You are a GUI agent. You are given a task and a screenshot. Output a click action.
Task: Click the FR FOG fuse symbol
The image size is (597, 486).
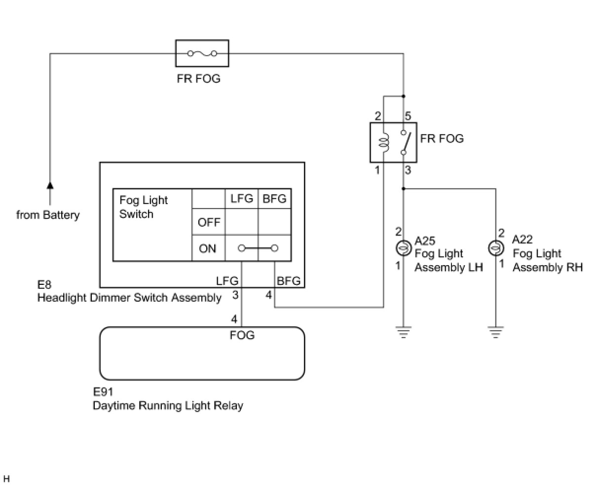pyautogui.click(x=202, y=53)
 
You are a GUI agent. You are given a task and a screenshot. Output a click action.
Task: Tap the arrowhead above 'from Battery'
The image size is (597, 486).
pyautogui.click(x=50, y=185)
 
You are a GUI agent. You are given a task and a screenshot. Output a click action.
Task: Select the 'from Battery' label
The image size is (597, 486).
pyautogui.click(x=48, y=215)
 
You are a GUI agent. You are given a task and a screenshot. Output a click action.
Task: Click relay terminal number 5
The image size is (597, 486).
pyautogui.click(x=408, y=117)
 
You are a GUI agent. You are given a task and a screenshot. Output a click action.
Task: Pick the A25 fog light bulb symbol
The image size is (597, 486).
pyautogui.click(x=404, y=248)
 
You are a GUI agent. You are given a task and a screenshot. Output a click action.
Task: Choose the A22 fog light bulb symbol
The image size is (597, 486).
pyautogui.click(x=495, y=248)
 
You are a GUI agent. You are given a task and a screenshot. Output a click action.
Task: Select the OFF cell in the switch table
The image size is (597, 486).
pyautogui.click(x=209, y=222)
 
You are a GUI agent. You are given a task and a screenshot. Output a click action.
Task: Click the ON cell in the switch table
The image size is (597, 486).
pyautogui.click(x=208, y=248)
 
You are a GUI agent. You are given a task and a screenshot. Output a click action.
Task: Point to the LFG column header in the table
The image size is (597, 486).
pyautogui.click(x=242, y=199)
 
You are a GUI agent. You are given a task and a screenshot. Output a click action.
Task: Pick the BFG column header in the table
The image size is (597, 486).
pyautogui.click(x=274, y=199)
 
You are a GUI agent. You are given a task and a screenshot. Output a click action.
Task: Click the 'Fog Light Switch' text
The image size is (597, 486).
pyautogui.click(x=144, y=207)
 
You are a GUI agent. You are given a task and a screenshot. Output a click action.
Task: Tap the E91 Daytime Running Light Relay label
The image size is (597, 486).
pyautogui.click(x=168, y=399)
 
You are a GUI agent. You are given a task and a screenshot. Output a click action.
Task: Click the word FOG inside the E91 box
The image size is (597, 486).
pyautogui.click(x=242, y=336)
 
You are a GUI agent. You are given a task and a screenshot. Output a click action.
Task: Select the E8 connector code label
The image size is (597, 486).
pyautogui.click(x=44, y=285)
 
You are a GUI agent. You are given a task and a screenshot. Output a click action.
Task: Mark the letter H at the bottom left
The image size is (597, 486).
pyautogui.click(x=7, y=479)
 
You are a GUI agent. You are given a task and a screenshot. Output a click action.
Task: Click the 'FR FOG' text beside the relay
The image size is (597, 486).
pyautogui.click(x=442, y=139)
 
